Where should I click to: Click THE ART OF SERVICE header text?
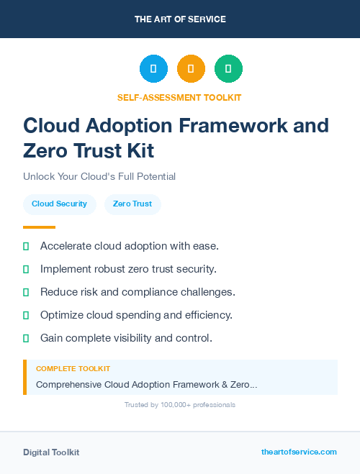[x=180, y=19]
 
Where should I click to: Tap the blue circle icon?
[x=153, y=69]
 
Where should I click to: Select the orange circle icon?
[x=191, y=69]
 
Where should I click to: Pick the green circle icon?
[x=228, y=69]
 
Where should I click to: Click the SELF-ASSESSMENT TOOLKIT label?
[x=180, y=97]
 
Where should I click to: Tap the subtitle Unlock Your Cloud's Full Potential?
[x=99, y=176]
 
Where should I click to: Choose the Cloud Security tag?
[x=59, y=204]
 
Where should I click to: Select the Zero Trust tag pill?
[x=132, y=204]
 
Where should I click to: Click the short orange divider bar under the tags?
[x=39, y=227]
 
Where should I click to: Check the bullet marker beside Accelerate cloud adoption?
[x=26, y=246]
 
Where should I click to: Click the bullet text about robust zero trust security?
[x=128, y=269]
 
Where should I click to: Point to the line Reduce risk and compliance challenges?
[x=138, y=292]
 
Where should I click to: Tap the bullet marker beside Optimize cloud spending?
[x=26, y=315]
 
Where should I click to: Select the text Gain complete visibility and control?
[x=126, y=338]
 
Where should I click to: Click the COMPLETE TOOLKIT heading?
[x=73, y=368]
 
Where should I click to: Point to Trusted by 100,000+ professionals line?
[x=180, y=405]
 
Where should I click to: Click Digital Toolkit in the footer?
[x=51, y=452]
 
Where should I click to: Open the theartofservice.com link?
[x=299, y=452]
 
